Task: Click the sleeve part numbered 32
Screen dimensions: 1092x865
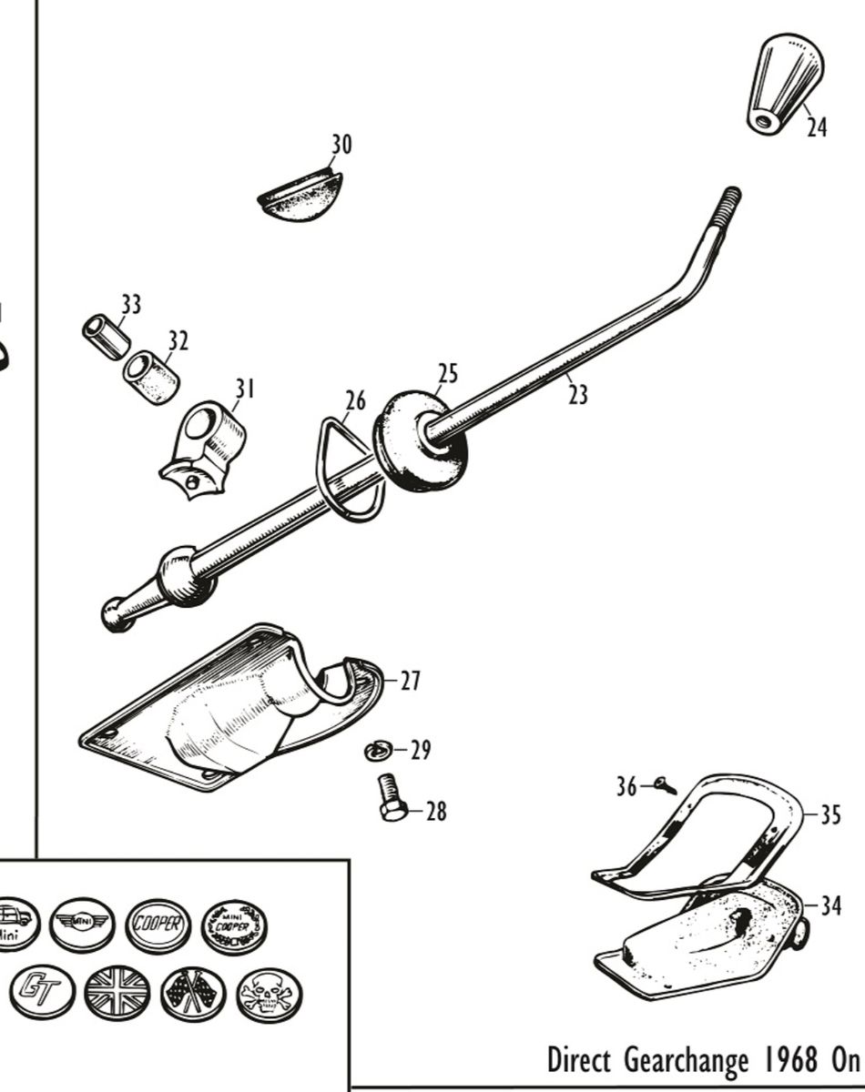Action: (x=152, y=378)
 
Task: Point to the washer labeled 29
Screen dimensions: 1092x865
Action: (x=377, y=751)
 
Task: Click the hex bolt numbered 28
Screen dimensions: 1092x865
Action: (x=392, y=797)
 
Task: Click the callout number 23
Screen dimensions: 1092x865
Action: (x=577, y=395)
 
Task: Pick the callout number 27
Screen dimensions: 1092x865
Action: (x=411, y=681)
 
